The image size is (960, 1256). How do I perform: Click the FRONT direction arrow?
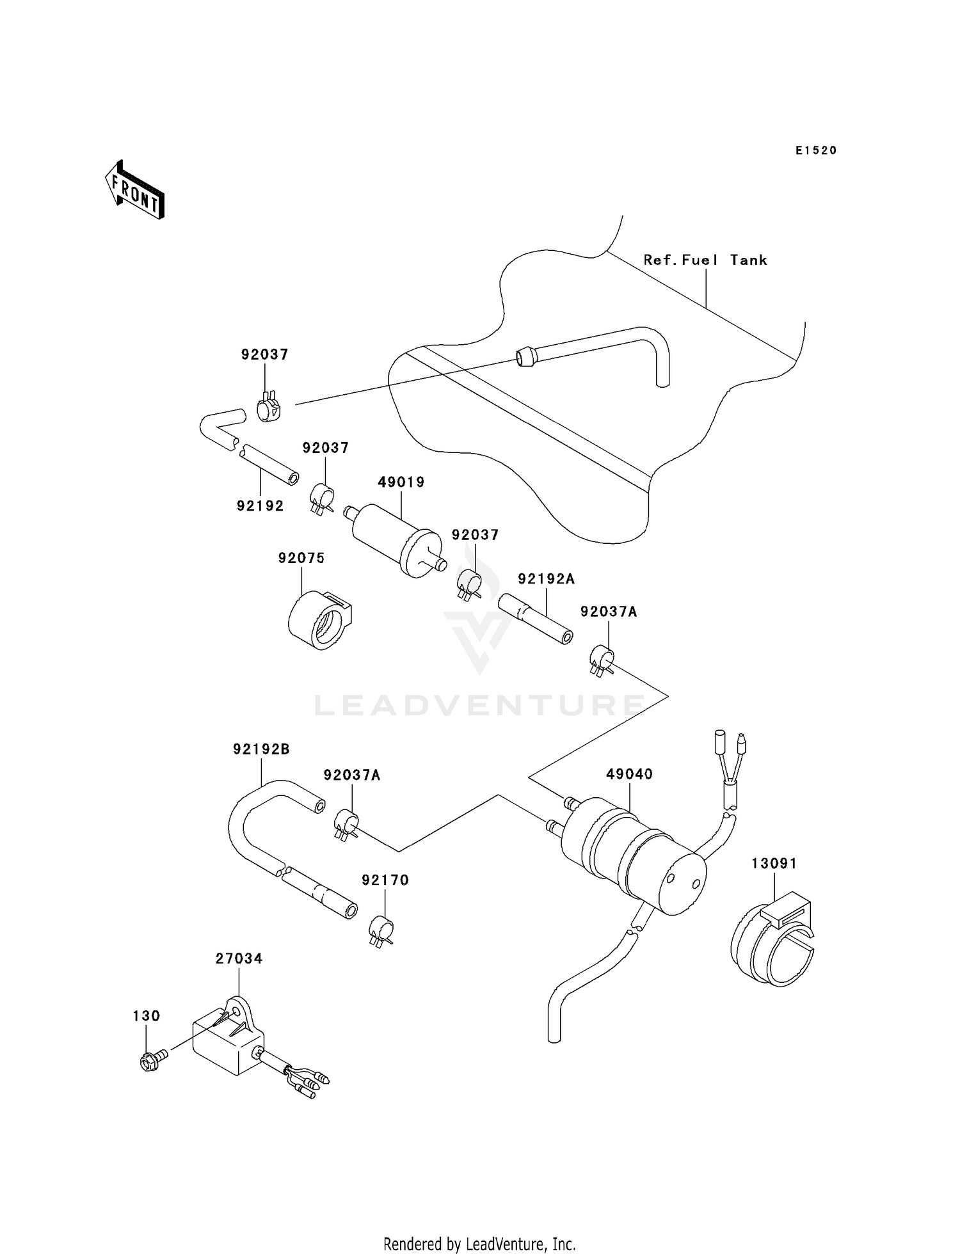pyautogui.click(x=135, y=191)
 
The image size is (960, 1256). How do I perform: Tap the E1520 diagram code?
pyautogui.click(x=816, y=150)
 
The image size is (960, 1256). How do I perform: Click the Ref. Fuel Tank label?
pyautogui.click(x=705, y=260)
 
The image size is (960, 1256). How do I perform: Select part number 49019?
pyautogui.click(x=401, y=482)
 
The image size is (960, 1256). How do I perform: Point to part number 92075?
pyautogui.click(x=301, y=558)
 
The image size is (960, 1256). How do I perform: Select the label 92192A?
pyautogui.click(x=546, y=579)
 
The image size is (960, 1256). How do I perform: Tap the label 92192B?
pyautogui.click(x=261, y=749)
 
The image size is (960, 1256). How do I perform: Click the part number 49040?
pyautogui.click(x=629, y=774)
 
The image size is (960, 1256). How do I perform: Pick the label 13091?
pyautogui.click(x=774, y=864)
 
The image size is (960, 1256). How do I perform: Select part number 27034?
pyautogui.click(x=239, y=958)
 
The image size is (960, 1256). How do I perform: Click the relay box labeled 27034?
pyautogui.click(x=227, y=1042)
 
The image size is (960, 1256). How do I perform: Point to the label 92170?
pyautogui.click(x=385, y=880)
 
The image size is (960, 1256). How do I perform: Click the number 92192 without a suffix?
pyautogui.click(x=260, y=506)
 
